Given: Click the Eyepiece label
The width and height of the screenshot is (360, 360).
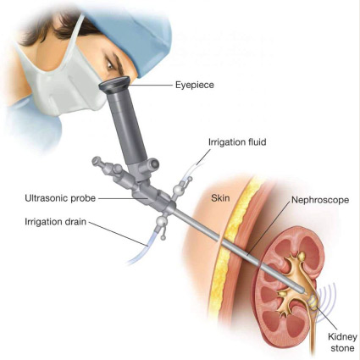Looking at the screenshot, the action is (195, 85).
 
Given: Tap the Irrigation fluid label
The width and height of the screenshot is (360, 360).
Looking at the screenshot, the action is (237, 141).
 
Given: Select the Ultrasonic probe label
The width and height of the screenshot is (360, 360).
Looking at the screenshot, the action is (60, 198).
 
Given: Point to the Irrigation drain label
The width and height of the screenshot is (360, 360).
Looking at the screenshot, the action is (55, 221).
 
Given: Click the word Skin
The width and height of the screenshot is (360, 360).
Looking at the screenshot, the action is (220, 198).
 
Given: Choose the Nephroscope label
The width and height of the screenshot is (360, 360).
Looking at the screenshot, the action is (320, 200).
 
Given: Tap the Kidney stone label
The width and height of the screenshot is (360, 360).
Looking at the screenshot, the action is (342, 342).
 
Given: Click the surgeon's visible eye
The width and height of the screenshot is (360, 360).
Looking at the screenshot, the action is (109, 65).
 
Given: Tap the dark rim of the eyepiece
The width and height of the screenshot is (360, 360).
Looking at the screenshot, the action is (115, 85).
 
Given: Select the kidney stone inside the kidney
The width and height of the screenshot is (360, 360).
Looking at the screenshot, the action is (313, 302).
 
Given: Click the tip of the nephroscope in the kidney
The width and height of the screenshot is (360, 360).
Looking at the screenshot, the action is (304, 292).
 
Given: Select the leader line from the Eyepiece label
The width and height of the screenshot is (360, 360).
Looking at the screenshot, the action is (152, 85).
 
